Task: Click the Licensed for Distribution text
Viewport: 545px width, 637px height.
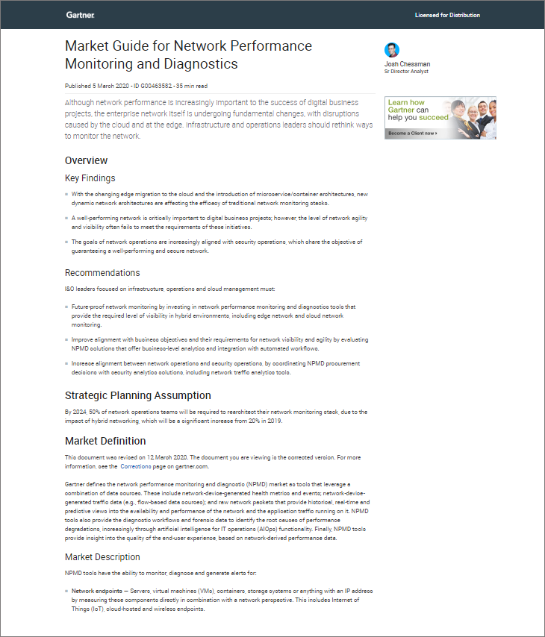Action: coord(447,15)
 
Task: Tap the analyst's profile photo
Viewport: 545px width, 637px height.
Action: coord(392,51)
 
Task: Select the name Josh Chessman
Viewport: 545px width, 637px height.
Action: coord(407,64)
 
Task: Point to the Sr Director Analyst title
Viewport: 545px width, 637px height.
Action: coord(406,72)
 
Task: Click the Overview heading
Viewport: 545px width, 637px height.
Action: coord(86,160)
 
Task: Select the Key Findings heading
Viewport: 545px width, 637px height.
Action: coord(90,178)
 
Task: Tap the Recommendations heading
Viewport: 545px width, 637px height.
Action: coord(102,273)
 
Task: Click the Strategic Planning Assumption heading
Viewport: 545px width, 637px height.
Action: coord(137,395)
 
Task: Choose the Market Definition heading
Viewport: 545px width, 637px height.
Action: coord(105,441)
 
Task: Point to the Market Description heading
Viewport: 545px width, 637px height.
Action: coord(102,556)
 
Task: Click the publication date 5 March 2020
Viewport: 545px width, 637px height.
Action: coord(107,86)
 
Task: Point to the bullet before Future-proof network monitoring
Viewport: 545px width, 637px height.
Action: coord(66,307)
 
